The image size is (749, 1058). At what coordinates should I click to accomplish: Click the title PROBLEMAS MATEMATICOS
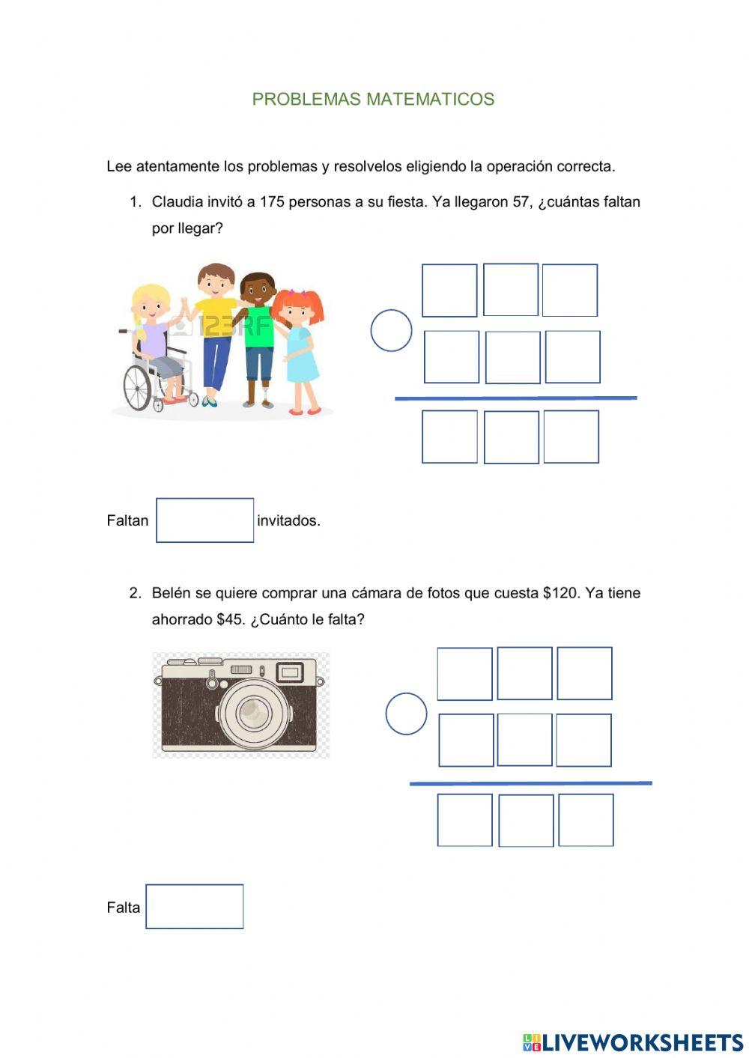click(x=373, y=99)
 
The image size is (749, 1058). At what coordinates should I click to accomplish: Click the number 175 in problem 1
click(x=272, y=201)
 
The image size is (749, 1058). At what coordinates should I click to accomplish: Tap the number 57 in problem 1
click(x=521, y=201)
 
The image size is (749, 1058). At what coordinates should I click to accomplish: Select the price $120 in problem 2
click(x=560, y=593)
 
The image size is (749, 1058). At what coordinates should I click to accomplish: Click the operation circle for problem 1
click(x=391, y=330)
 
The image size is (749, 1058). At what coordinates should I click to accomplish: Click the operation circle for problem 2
click(x=406, y=714)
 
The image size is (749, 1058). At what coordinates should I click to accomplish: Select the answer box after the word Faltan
click(x=204, y=520)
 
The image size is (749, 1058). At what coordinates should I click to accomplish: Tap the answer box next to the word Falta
click(x=194, y=907)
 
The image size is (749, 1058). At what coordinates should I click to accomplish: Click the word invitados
click(x=288, y=520)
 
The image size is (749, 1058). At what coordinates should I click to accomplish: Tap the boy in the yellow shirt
click(x=216, y=329)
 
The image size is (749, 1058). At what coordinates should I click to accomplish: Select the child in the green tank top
click(x=259, y=337)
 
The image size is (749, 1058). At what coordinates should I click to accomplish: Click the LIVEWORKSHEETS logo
click(x=633, y=1042)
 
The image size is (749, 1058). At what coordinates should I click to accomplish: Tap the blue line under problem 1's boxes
click(x=515, y=398)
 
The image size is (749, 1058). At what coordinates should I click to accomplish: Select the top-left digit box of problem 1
click(x=449, y=291)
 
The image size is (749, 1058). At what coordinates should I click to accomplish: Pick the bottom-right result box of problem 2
click(x=586, y=821)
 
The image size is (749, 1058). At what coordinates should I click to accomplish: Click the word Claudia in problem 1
click(x=177, y=201)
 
